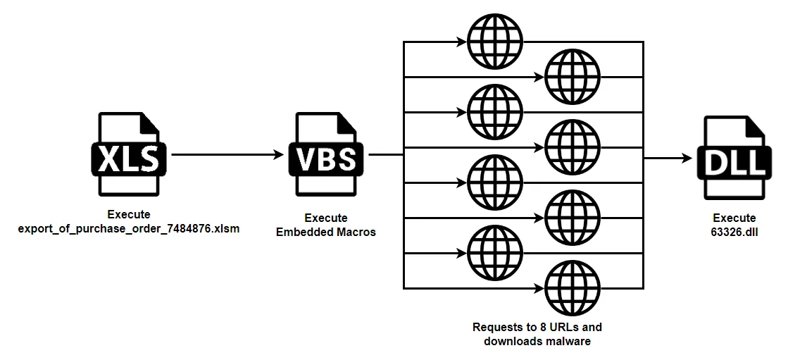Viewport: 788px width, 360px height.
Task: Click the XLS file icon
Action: tap(129, 154)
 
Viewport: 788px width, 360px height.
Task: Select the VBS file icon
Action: tap(326, 154)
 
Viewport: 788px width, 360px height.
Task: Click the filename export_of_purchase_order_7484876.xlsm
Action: tap(129, 229)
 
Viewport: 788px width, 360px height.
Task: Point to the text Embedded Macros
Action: tap(326, 232)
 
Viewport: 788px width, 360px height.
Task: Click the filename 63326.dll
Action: tap(734, 232)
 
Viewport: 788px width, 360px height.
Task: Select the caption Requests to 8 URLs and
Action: tap(537, 328)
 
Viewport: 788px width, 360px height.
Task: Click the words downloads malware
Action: tap(537, 342)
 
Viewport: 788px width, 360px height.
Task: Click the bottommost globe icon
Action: tap(573, 288)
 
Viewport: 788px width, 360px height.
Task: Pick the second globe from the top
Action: tap(573, 76)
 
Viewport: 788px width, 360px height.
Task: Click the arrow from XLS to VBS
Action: tap(228, 154)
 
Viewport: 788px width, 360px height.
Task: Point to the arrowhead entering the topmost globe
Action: tap(461, 42)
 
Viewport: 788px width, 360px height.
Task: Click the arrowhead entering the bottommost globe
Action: tap(539, 288)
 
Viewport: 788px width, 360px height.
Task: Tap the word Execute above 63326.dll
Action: tap(734, 218)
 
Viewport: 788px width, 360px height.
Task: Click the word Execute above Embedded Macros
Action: tap(326, 218)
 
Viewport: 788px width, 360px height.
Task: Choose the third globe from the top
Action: tap(495, 111)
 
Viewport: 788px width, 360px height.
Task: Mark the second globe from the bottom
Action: tap(495, 253)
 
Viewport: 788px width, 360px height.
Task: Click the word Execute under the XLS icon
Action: tap(129, 215)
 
